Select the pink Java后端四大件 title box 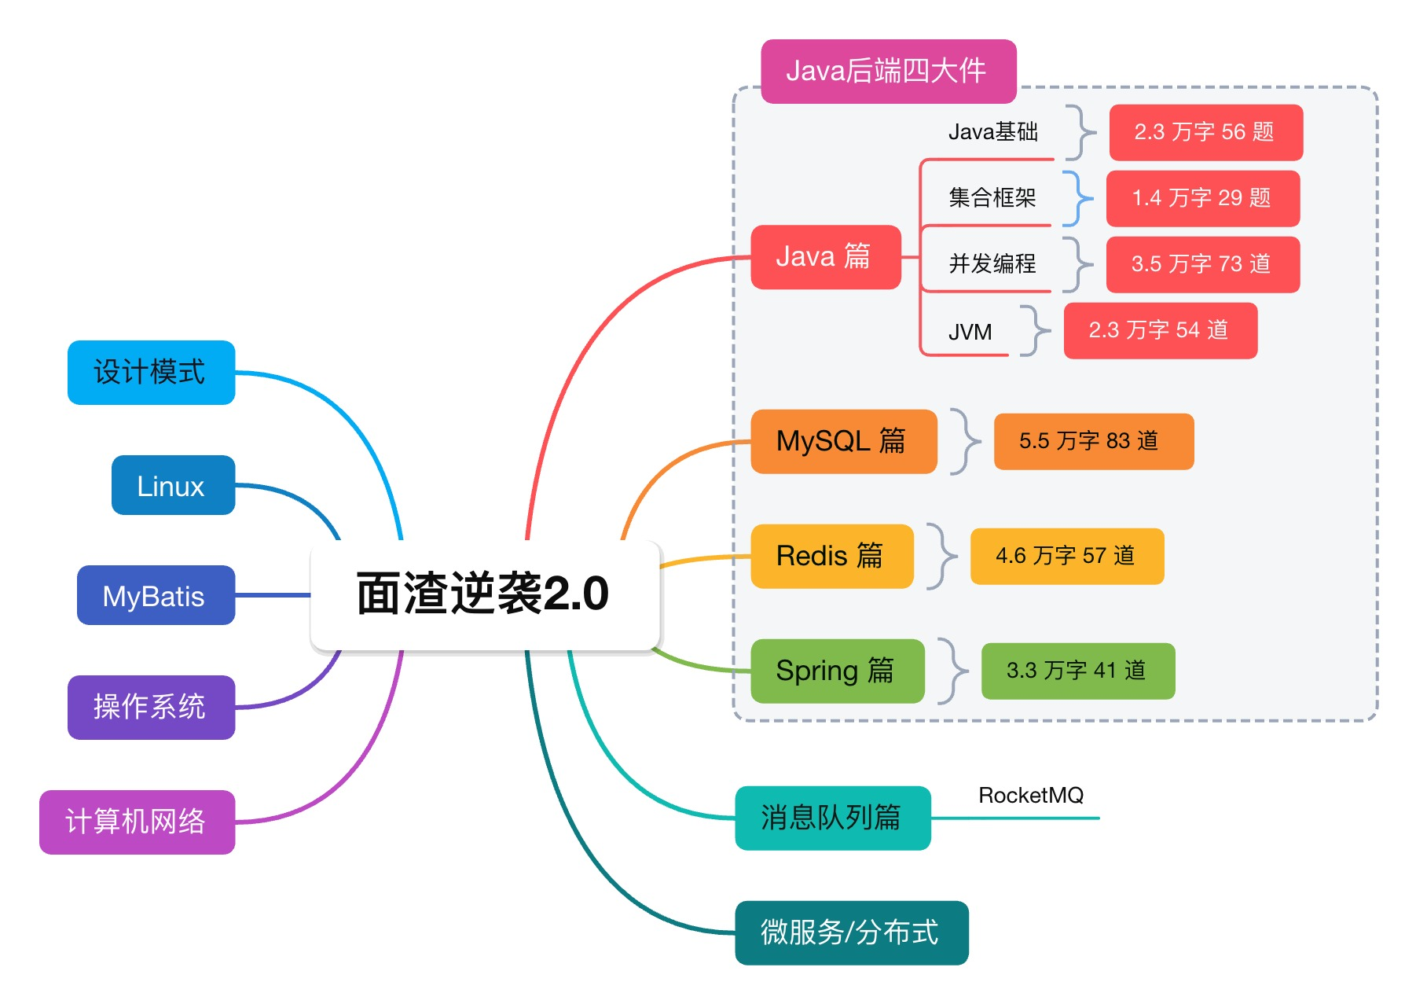click(x=888, y=72)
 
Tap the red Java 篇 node click(x=825, y=257)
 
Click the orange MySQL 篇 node click(x=843, y=441)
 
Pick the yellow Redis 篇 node click(x=831, y=556)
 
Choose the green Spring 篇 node click(x=837, y=671)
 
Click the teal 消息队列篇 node click(x=832, y=818)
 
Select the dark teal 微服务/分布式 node click(x=851, y=932)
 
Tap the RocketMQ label click(x=1030, y=796)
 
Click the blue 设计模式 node click(x=151, y=372)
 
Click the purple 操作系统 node click(x=151, y=707)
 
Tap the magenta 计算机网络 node click(x=137, y=822)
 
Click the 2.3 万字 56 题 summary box click(x=1205, y=132)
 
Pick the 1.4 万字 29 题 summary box click(x=1202, y=198)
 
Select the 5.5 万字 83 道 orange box click(x=1093, y=441)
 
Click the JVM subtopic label click(x=970, y=332)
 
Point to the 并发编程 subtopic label click(x=992, y=263)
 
